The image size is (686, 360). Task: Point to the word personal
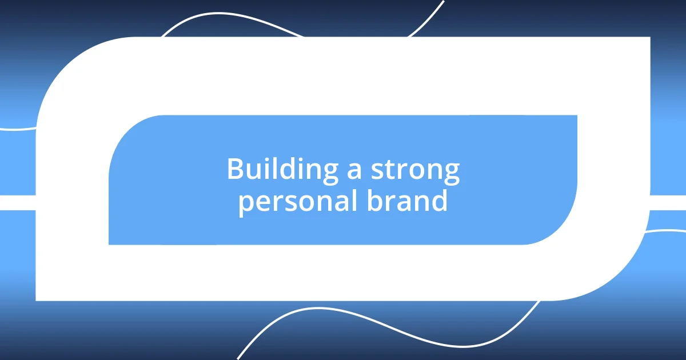[x=298, y=202]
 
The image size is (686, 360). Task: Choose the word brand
[x=408, y=201]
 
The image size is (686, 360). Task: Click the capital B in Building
[x=234, y=169]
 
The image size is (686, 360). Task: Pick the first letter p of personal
[x=245, y=203]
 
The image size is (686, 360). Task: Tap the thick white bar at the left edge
[x=17, y=202]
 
